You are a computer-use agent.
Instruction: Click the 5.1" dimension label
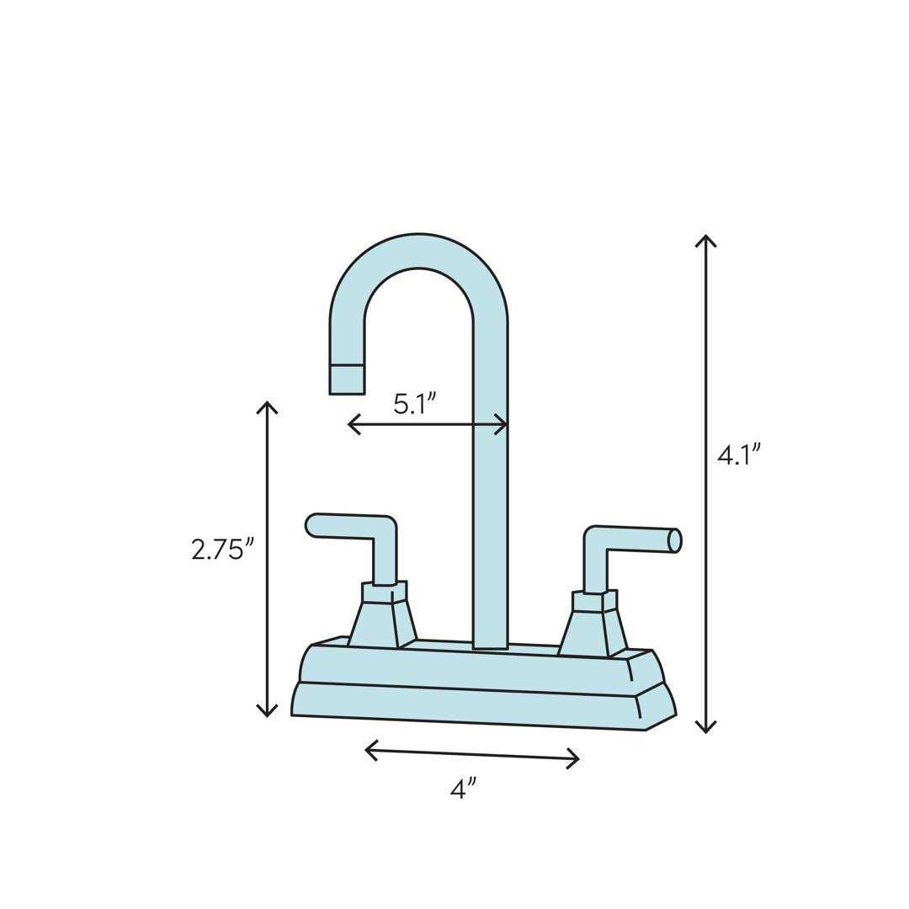pos(414,403)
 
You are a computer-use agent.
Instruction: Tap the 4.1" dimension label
pos(738,454)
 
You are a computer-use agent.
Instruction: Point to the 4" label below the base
pos(463,789)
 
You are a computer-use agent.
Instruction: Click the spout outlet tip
pos(347,380)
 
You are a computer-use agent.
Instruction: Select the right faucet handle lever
pos(631,539)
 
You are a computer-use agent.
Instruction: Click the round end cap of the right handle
pos(674,540)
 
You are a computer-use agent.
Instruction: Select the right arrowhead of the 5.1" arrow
pos(503,424)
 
